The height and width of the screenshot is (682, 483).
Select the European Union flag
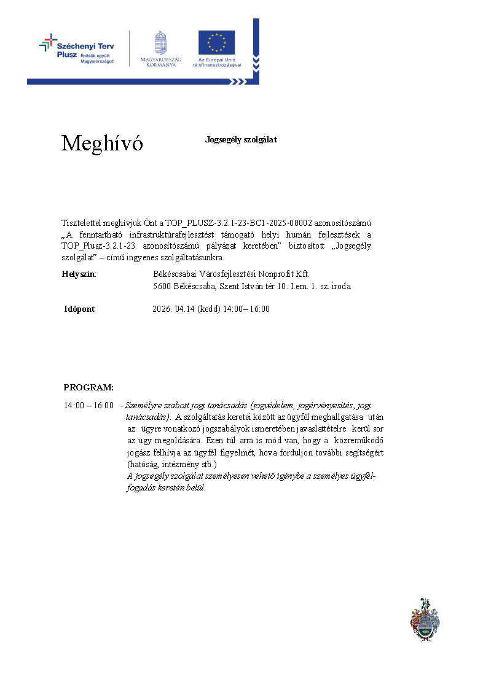click(x=216, y=43)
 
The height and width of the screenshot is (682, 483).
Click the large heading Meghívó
click(x=102, y=144)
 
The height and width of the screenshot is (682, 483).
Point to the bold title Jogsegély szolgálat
click(x=241, y=140)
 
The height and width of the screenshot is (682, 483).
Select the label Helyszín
click(x=79, y=274)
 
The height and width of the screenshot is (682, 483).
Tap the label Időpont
click(x=80, y=309)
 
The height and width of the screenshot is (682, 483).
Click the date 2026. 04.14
click(x=173, y=309)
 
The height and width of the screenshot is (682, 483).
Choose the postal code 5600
click(x=162, y=286)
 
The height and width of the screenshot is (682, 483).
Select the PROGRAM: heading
click(x=88, y=387)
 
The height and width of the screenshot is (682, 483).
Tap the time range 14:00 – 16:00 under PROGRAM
click(x=88, y=406)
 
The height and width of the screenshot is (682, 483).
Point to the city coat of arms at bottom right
click(x=425, y=619)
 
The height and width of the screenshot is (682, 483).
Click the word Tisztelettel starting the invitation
click(x=82, y=223)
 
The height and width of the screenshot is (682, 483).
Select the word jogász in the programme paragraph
click(x=138, y=452)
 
